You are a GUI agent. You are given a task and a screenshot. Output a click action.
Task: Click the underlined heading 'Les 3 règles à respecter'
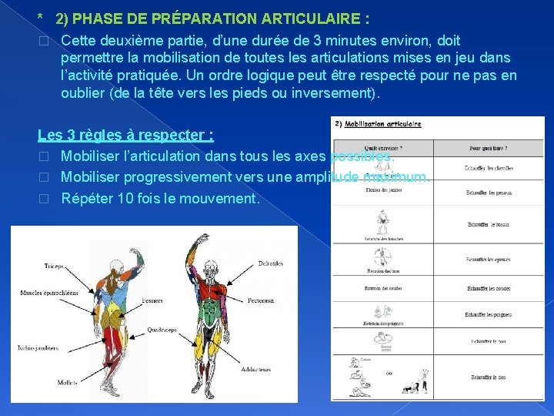(x=125, y=136)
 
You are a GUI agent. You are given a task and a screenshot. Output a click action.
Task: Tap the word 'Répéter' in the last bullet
(x=90, y=198)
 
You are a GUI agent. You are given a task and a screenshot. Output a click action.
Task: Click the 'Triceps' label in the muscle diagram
(x=55, y=266)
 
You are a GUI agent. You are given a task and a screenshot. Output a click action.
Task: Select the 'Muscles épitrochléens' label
(x=48, y=293)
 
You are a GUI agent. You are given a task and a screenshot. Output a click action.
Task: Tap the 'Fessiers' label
(x=153, y=300)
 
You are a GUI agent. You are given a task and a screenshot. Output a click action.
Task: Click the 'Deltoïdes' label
(x=271, y=263)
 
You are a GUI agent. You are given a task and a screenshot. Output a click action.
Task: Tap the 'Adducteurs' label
(x=255, y=370)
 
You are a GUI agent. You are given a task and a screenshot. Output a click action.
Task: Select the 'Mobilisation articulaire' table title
(x=382, y=124)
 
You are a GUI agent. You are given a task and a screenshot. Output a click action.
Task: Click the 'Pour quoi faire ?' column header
(x=489, y=149)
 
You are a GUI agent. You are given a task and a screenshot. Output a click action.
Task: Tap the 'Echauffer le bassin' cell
(x=488, y=225)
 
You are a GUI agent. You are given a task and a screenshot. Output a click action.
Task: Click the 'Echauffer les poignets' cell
(x=488, y=314)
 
